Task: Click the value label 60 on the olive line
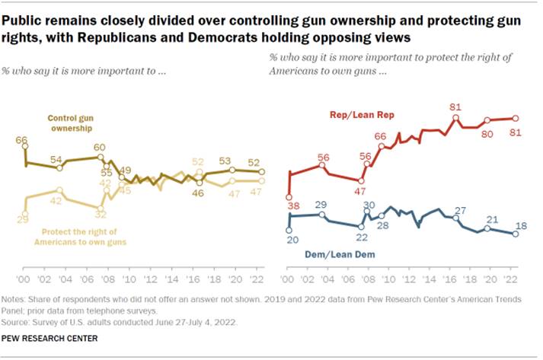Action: click(x=99, y=147)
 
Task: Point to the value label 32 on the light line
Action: click(x=99, y=215)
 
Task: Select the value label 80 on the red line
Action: click(x=487, y=133)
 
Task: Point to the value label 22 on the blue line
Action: click(x=363, y=237)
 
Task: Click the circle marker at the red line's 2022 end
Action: click(x=516, y=118)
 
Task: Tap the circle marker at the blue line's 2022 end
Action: click(x=516, y=234)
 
